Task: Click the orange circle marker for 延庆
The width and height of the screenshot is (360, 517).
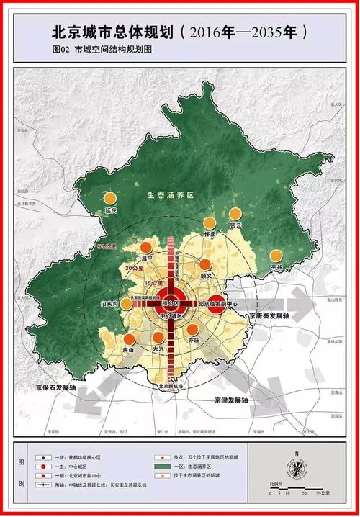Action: click(x=109, y=197)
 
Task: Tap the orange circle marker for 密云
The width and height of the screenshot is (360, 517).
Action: click(x=235, y=213)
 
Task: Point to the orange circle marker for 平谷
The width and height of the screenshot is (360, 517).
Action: click(x=276, y=255)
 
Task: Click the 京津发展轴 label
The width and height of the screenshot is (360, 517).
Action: click(x=230, y=400)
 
